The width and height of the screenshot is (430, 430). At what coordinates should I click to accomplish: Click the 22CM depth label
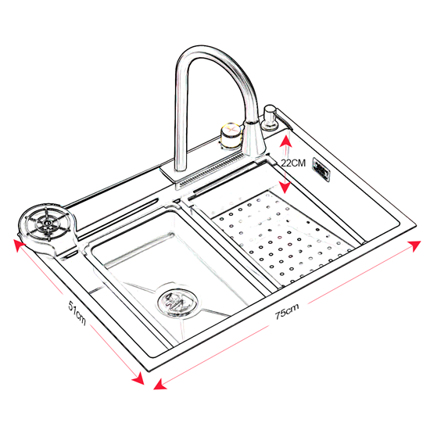(x=293, y=163)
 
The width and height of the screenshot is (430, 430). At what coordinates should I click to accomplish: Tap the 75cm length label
(x=287, y=311)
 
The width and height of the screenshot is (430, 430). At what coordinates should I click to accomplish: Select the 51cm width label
(x=77, y=313)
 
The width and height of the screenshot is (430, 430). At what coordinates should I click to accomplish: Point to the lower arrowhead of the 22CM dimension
(x=285, y=188)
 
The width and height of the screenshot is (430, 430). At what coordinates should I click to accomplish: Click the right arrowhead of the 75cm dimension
(x=414, y=245)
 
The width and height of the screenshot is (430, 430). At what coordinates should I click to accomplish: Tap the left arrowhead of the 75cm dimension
(x=159, y=384)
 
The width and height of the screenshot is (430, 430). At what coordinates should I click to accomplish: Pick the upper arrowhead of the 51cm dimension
(x=20, y=245)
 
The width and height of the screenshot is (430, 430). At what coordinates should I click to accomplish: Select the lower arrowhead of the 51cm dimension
(x=138, y=378)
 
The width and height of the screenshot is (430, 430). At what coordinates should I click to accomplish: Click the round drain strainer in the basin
(x=177, y=303)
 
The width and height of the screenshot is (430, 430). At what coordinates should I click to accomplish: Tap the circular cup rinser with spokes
(x=47, y=224)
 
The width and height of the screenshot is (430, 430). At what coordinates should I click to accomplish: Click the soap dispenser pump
(x=270, y=117)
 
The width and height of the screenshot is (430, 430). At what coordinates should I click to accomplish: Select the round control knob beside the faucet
(x=231, y=136)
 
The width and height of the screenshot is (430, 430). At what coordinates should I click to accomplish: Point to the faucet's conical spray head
(x=253, y=138)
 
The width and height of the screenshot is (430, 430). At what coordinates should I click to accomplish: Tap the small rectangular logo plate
(x=321, y=170)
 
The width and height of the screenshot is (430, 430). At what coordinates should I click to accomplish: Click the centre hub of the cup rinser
(x=48, y=223)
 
